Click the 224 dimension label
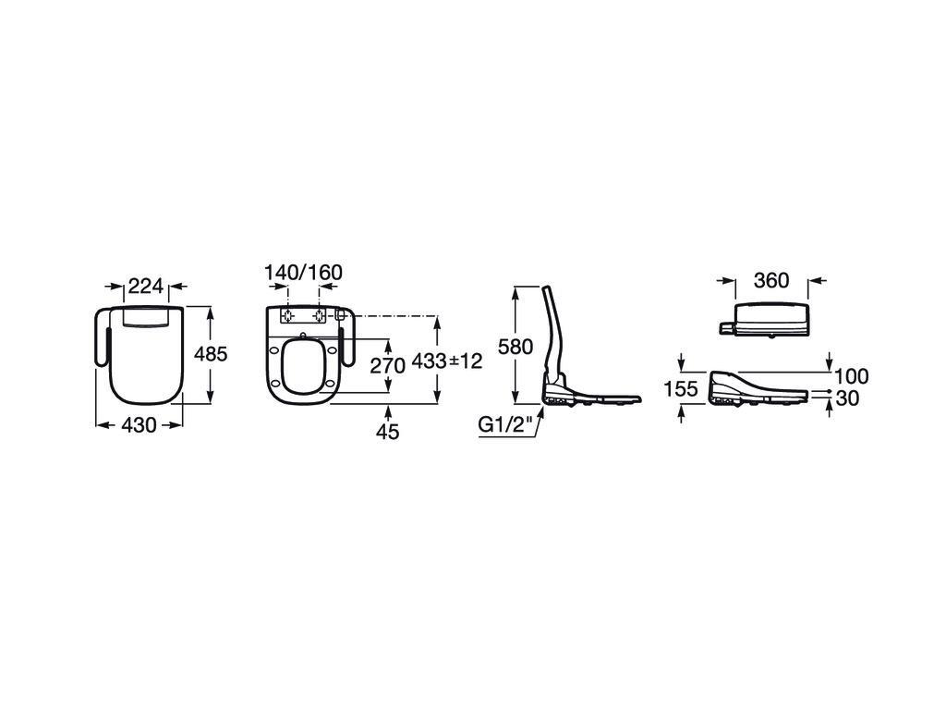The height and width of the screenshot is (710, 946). pyautogui.click(x=146, y=286)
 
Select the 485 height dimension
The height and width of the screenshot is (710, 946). pyautogui.click(x=211, y=353)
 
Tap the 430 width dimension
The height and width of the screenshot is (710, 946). pyautogui.click(x=139, y=425)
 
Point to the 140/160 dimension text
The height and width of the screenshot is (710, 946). pyautogui.click(x=303, y=273)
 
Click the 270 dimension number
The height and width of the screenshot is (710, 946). pyautogui.click(x=387, y=365)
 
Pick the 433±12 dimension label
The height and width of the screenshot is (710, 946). pyautogui.click(x=447, y=361)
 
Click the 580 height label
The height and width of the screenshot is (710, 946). pyautogui.click(x=515, y=347)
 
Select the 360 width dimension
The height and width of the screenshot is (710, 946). pyautogui.click(x=771, y=280)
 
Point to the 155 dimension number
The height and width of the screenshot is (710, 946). pyautogui.click(x=681, y=389)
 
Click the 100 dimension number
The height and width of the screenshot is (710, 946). pyautogui.click(x=852, y=376)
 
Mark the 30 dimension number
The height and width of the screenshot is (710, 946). pyautogui.click(x=848, y=398)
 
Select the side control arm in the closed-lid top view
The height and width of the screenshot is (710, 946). pyautogui.click(x=103, y=337)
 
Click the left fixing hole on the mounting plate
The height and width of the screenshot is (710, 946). pyautogui.click(x=288, y=315)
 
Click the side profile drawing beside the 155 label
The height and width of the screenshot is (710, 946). pyautogui.click(x=759, y=390)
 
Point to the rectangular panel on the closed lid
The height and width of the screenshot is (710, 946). pyautogui.click(x=146, y=318)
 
